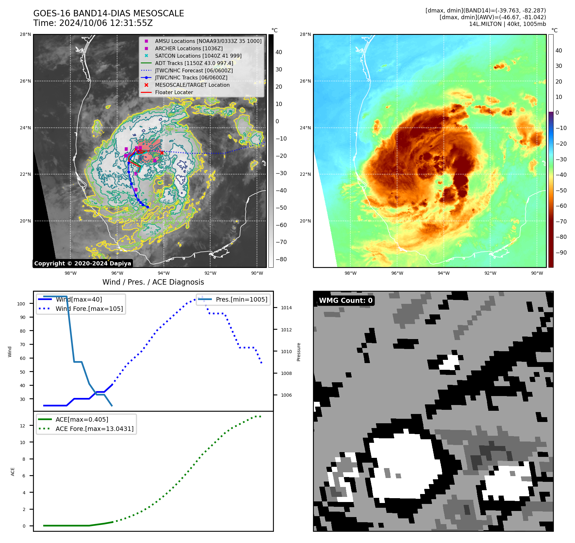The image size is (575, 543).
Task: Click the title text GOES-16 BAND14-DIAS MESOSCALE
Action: [x=108, y=13]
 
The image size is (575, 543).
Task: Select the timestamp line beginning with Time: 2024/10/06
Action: [x=93, y=23]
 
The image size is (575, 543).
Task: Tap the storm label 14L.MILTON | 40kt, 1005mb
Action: [x=507, y=24]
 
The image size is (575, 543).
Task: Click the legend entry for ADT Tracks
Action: [x=194, y=63]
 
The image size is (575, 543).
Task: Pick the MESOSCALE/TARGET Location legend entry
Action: [x=192, y=85]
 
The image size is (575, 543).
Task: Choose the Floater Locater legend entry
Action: [x=174, y=92]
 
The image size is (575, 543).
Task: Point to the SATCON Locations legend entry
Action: [x=198, y=56]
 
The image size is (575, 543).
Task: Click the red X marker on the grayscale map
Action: [x=162, y=153]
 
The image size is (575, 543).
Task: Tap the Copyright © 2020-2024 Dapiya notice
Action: [x=83, y=263]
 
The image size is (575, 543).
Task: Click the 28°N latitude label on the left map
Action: [x=26, y=35]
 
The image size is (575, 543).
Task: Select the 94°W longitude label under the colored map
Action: [x=443, y=273]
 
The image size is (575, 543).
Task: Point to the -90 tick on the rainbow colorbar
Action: [x=561, y=253]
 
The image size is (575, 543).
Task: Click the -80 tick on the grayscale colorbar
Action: [x=281, y=259]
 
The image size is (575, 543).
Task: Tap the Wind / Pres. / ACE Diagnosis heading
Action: [x=153, y=282]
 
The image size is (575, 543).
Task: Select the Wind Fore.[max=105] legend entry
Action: [x=89, y=309]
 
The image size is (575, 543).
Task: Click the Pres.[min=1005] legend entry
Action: [x=241, y=299]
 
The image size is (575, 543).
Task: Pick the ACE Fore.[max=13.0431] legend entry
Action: [x=94, y=428]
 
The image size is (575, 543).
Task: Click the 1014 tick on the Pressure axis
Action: [x=286, y=308]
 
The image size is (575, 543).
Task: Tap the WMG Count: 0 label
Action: [x=346, y=300]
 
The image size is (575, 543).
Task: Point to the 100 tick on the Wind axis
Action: [x=21, y=304]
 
